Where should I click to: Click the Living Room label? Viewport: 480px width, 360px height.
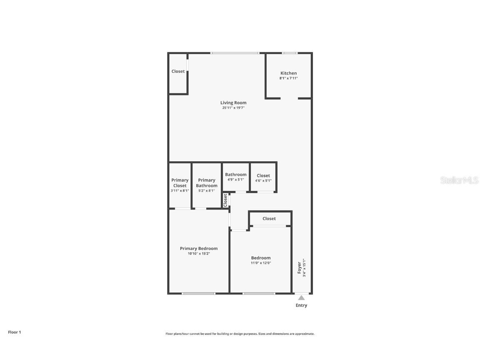pos(233,102)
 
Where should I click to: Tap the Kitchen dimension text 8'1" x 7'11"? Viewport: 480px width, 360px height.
pos(288,78)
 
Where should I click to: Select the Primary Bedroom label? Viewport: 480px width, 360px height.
pos(199,248)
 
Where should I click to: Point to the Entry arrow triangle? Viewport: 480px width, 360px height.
pos(301,297)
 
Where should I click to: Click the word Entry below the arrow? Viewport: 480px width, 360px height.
pos(301,305)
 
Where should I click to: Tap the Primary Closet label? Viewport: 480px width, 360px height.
pos(180,183)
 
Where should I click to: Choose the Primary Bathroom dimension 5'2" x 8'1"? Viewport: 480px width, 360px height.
pos(207,191)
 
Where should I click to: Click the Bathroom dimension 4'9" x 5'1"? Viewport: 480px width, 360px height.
pos(235,180)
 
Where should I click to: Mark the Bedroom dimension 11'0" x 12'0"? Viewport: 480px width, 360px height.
pos(261,263)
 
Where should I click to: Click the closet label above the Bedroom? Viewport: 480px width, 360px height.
pos(269,218)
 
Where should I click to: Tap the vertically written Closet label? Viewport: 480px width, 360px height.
pos(225,200)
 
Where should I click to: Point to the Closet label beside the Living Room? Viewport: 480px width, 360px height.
pos(178,71)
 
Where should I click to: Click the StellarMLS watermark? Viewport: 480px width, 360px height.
pos(459,180)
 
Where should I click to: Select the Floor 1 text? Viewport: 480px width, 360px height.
pos(14,332)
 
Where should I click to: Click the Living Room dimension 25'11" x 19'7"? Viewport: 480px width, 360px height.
pos(233,108)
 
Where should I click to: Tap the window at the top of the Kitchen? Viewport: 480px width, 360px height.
pos(290,53)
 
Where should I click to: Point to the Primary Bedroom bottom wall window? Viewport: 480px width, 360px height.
pos(199,293)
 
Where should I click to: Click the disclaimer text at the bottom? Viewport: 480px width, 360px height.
pos(240,334)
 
